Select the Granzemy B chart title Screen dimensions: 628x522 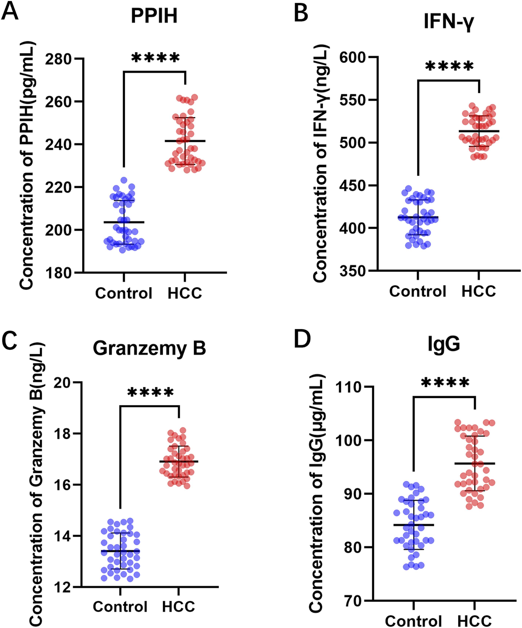tap(149, 348)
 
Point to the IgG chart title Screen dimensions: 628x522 tap(444, 344)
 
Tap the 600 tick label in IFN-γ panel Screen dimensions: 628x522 tap(353, 57)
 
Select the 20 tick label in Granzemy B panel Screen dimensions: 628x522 tap(63, 383)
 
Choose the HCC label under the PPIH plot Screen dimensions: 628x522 tap(185, 293)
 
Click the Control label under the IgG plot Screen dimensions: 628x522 tap(413, 621)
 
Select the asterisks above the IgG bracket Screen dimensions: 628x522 tap(445, 383)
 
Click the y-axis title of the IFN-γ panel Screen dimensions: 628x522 tap(321, 164)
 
